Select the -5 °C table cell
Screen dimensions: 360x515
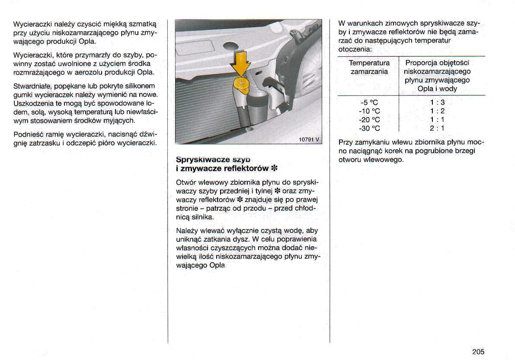click(x=369, y=103)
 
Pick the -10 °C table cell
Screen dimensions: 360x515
click(x=369, y=111)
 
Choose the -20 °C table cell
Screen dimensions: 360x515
click(x=369, y=119)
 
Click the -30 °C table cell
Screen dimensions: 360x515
click(x=369, y=128)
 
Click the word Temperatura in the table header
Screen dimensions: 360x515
click(x=369, y=63)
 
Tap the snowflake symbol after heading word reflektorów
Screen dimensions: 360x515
click(x=274, y=168)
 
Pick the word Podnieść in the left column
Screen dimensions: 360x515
click(x=28, y=135)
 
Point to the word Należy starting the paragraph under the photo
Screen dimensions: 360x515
click(x=187, y=231)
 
